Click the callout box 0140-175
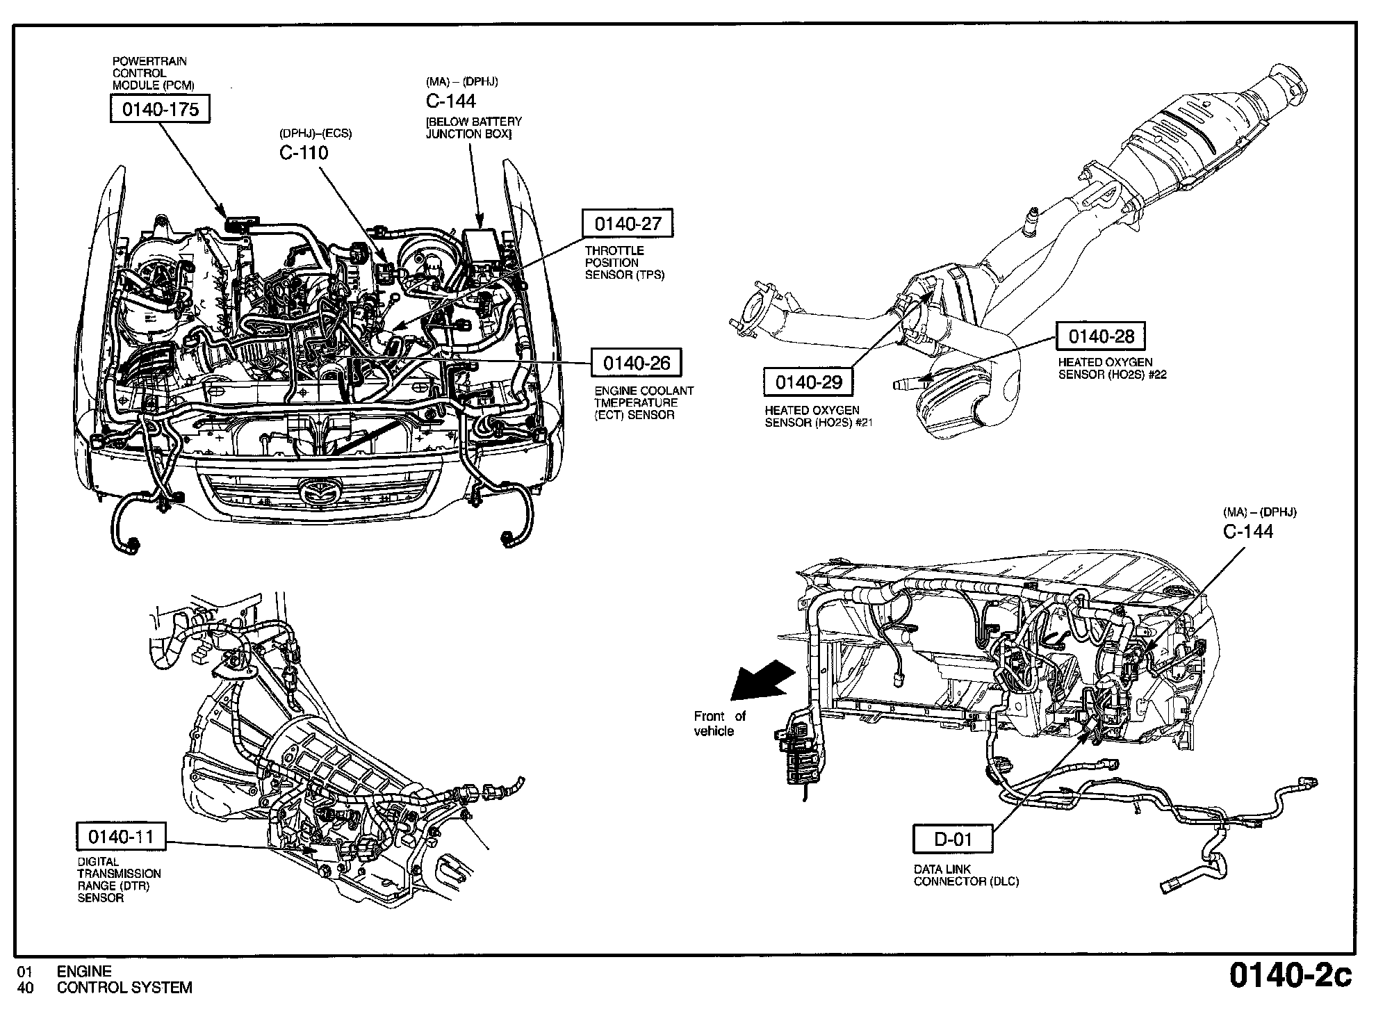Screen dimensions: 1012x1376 point(160,109)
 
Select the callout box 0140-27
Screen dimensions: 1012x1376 point(628,223)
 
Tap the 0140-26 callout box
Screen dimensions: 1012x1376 point(636,363)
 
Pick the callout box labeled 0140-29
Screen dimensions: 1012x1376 point(808,382)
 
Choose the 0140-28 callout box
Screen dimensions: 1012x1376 point(1101,336)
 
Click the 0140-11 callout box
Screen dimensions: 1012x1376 point(121,836)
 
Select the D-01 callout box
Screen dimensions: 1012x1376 point(952,839)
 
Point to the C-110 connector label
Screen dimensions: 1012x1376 point(304,153)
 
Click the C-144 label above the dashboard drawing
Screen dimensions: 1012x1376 point(1248,532)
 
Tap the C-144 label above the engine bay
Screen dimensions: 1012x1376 point(451,101)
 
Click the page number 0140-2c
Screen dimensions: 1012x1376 point(1291,976)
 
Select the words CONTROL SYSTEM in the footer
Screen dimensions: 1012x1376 point(124,988)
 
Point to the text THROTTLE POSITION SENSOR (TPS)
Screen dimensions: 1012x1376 point(624,263)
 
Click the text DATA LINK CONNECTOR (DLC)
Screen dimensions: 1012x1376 point(965,875)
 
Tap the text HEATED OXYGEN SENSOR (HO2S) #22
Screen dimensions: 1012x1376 point(1112,368)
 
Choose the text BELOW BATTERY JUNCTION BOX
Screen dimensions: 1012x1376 point(473,127)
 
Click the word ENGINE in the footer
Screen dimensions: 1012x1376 point(84,972)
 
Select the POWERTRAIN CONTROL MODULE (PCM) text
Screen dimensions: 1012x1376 point(153,73)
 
